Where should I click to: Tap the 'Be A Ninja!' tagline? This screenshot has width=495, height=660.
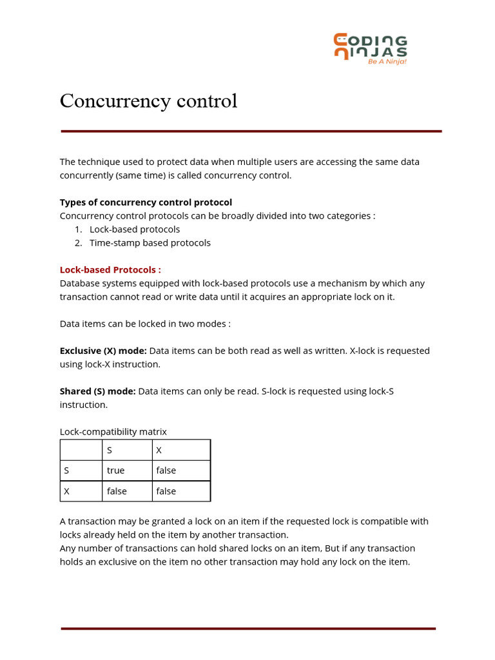click(x=387, y=62)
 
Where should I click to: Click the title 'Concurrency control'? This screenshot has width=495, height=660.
click(x=148, y=101)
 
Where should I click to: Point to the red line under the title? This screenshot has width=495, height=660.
click(x=251, y=131)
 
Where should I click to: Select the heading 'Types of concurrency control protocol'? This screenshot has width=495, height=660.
click(x=146, y=202)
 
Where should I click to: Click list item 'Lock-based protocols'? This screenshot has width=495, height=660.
click(x=134, y=229)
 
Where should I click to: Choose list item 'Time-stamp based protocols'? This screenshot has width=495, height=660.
click(x=150, y=243)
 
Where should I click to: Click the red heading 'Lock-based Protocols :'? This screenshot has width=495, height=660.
click(x=110, y=269)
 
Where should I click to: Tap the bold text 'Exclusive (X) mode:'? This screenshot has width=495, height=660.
click(x=103, y=351)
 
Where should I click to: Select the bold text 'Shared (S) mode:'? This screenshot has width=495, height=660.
click(x=97, y=391)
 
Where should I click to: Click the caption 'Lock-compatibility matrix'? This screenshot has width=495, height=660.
click(x=113, y=432)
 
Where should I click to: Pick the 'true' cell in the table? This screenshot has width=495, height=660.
click(x=116, y=471)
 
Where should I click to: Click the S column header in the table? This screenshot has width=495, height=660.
click(x=110, y=450)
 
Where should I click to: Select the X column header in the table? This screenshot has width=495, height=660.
click(x=159, y=450)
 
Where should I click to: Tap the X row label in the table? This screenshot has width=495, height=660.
click(x=66, y=491)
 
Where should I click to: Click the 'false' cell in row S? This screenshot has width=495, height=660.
click(x=166, y=471)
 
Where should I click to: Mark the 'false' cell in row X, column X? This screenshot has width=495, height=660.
click(x=166, y=491)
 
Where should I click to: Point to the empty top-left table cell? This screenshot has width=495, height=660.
click(x=81, y=450)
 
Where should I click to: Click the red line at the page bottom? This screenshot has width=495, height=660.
click(x=248, y=628)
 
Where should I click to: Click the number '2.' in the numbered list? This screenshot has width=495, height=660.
click(x=78, y=243)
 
